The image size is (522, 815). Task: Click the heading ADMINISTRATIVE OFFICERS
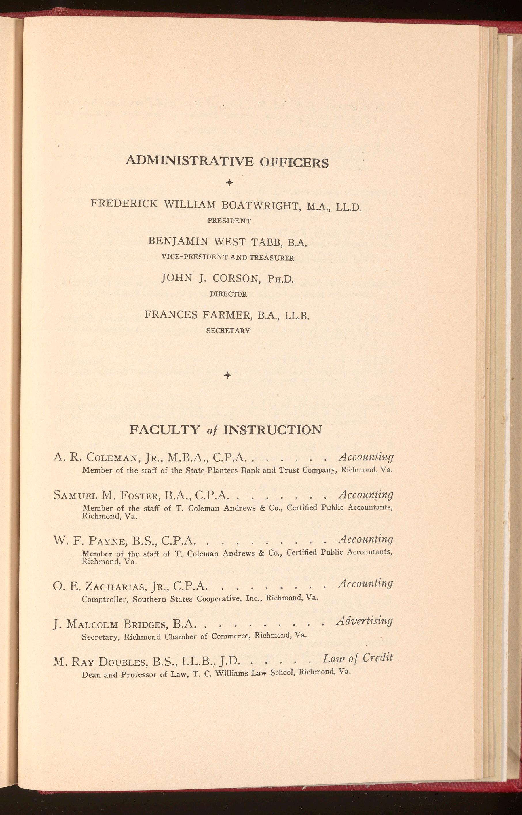pos(227,162)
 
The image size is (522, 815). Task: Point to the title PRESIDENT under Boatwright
pos(229,221)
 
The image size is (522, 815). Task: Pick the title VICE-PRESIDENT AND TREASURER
pos(228,258)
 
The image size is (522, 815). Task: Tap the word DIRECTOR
pos(228,294)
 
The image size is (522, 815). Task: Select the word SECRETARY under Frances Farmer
pos(228,331)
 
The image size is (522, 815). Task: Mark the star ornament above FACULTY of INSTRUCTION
pos(228,375)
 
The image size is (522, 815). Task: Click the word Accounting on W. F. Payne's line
pos(366,539)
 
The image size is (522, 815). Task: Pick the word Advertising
pos(365,621)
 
